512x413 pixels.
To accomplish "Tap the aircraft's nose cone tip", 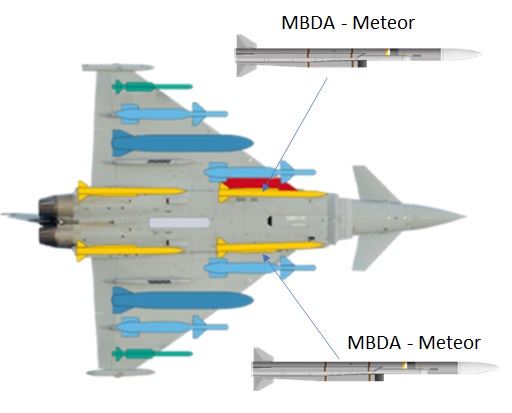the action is pos(466,216).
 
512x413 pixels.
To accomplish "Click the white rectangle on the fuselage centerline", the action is pos(179,223).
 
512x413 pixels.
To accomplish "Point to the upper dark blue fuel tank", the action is pos(182,143).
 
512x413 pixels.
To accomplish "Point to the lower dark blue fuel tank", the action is pos(182,300).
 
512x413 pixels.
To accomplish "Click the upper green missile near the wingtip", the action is pos(152,87).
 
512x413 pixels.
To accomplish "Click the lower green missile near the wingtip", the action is pos(152,354).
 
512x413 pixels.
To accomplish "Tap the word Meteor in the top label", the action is pos(383,23).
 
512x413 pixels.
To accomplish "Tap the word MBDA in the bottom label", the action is pos(374,342).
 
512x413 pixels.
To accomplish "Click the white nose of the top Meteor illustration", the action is pos(461,54).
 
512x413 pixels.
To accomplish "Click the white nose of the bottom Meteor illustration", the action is pos(478,368).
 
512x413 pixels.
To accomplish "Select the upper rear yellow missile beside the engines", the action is pos(131,191).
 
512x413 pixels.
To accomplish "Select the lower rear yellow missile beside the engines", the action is pos(130,251).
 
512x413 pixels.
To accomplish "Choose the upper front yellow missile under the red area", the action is pos(272,193).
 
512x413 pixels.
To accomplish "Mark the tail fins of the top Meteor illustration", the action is pos(246,56).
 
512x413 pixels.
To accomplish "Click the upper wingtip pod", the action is pos(118,68).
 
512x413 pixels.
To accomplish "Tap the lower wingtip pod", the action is pos(120,372).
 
